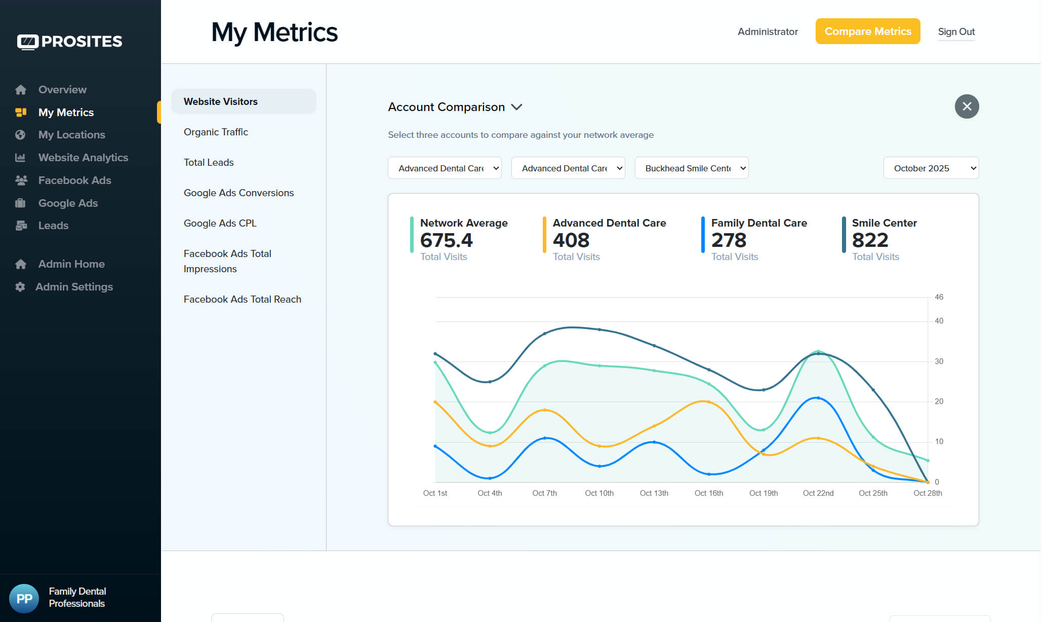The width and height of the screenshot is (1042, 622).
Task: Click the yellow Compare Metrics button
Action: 867,31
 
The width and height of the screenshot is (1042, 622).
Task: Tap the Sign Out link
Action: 956,31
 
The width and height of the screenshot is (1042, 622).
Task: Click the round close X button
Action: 967,106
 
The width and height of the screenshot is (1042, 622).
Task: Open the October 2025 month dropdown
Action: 931,168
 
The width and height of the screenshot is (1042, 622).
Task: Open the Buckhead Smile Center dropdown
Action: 691,168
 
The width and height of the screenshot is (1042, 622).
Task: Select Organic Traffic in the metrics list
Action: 216,132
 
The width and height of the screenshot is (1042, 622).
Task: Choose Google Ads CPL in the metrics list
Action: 220,223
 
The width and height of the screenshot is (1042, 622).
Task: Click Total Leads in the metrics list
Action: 209,162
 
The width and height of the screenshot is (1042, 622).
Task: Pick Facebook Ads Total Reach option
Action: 243,299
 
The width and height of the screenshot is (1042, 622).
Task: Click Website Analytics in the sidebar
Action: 83,157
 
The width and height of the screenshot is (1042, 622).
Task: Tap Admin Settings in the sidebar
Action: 74,286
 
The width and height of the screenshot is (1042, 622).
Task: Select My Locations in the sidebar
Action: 71,134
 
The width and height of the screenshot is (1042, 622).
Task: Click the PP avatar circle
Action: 24,598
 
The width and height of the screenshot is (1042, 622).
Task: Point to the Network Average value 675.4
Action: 446,240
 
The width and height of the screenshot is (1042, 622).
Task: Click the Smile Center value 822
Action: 870,240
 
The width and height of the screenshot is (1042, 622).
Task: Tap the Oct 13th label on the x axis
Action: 654,493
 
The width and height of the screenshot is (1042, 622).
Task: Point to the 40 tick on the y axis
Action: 939,321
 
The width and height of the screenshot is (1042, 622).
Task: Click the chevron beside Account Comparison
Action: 516,107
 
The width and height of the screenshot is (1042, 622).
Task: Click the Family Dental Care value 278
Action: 729,240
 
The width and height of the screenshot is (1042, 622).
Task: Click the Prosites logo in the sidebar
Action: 70,42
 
